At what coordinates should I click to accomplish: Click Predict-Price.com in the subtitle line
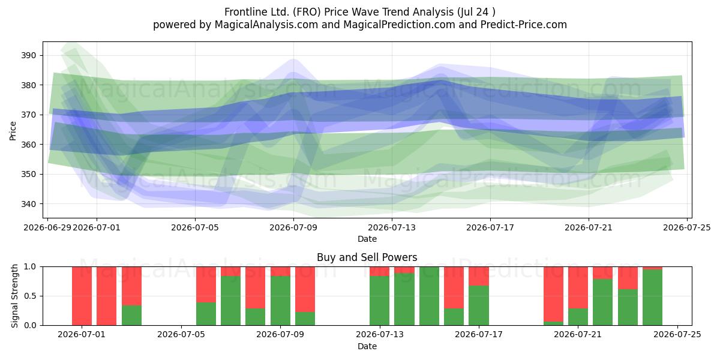(524, 25)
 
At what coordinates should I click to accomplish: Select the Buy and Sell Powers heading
(367, 257)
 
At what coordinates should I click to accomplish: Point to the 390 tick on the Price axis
(29, 56)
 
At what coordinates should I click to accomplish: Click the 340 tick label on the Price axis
(29, 204)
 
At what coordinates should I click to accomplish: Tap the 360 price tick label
(29, 145)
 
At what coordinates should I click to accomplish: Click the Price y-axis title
(13, 131)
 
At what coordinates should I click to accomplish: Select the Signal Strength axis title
(14, 296)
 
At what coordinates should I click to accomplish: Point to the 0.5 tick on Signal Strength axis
(30, 296)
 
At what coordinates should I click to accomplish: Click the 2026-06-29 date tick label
(47, 227)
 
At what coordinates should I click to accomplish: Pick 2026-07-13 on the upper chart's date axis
(392, 227)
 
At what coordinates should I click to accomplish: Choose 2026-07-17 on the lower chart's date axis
(479, 335)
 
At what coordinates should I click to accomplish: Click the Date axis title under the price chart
(367, 239)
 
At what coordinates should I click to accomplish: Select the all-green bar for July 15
(429, 296)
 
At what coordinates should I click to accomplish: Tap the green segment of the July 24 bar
(653, 298)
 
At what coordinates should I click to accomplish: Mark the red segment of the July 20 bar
(553, 294)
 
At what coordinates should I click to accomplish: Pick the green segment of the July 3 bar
(131, 316)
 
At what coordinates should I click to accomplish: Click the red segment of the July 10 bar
(305, 289)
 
